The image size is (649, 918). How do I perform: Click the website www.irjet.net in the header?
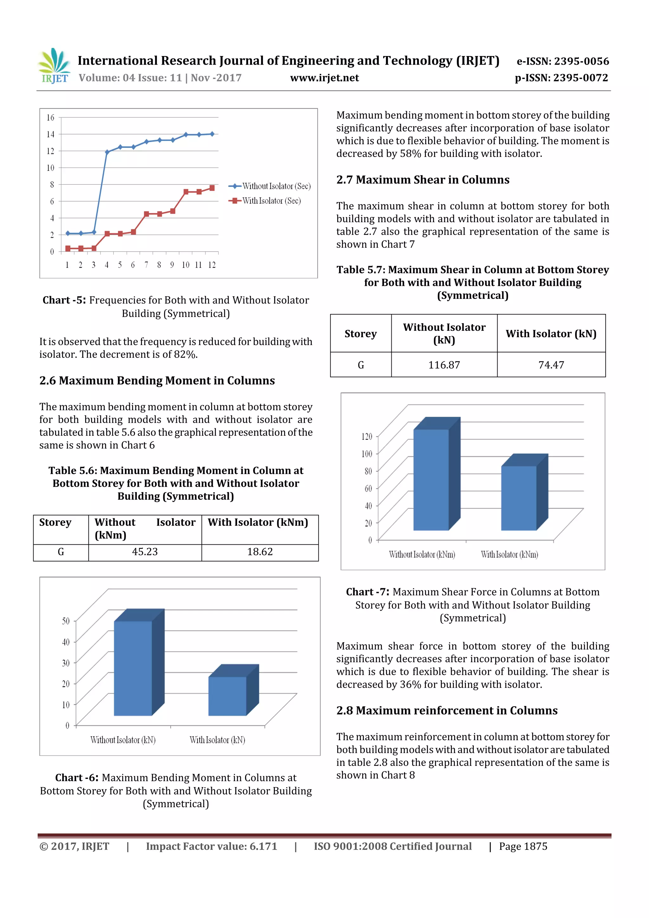pos(324,78)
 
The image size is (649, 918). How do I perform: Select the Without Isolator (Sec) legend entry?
pos(276,186)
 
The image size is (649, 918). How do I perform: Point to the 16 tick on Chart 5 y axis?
pos(50,118)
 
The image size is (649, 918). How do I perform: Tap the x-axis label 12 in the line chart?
pos(212,265)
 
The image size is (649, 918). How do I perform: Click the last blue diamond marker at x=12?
pos(212,134)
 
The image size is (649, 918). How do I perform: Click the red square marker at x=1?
pos(68,248)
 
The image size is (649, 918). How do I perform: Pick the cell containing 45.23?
pos(145,552)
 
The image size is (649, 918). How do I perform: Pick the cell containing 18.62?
pos(260,552)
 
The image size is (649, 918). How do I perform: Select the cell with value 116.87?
pos(444,365)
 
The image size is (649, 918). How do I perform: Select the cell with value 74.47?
pos(551,365)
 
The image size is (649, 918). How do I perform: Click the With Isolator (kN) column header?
pos(551,333)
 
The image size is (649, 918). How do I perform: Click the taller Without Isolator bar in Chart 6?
pos(133,668)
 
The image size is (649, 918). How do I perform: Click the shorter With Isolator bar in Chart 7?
pos(519,498)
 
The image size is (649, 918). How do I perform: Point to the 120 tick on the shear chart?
pos(367,436)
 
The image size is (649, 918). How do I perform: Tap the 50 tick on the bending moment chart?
pos(66,621)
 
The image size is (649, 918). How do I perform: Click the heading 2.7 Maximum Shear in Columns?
pos(423,180)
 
